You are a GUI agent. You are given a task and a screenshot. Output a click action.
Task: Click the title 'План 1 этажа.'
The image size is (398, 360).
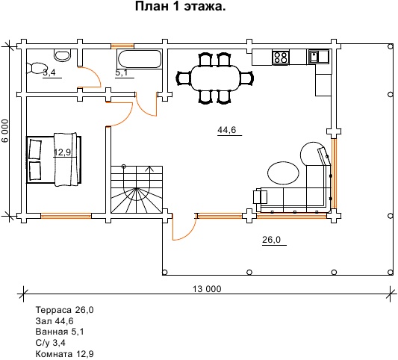click(180, 6)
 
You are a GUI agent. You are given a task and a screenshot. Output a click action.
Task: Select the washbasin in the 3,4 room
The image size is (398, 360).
click(63, 55)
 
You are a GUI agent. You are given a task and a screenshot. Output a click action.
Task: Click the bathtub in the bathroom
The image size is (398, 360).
click(140, 59)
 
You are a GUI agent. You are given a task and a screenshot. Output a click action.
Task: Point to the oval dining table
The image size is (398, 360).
click(216, 78)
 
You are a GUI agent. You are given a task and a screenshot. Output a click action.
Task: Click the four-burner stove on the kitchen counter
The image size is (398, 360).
click(281, 57)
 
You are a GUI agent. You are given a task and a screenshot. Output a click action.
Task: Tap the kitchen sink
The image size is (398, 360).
click(319, 56)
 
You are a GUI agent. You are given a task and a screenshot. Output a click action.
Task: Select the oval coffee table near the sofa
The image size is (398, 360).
click(283, 173)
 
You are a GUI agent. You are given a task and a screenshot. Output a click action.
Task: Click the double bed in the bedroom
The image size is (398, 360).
click(54, 159)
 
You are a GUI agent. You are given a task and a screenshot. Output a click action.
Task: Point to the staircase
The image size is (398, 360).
click(137, 190)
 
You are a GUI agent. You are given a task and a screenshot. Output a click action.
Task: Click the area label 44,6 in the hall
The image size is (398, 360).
click(227, 130)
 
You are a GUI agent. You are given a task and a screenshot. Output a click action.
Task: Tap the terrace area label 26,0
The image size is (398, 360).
click(271, 240)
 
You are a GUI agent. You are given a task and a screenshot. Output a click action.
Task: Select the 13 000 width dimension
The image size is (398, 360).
click(207, 288)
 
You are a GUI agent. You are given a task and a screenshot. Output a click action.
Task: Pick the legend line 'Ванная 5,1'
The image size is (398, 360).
click(60, 332)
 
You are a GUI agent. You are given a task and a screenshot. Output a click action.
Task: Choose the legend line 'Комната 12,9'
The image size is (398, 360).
click(64, 354)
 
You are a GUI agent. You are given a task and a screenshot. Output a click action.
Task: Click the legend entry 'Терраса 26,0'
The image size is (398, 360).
click(64, 310)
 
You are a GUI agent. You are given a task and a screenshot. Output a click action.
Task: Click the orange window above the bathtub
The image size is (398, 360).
click(122, 46)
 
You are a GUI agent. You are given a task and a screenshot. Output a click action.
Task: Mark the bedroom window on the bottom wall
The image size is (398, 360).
click(66, 216)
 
